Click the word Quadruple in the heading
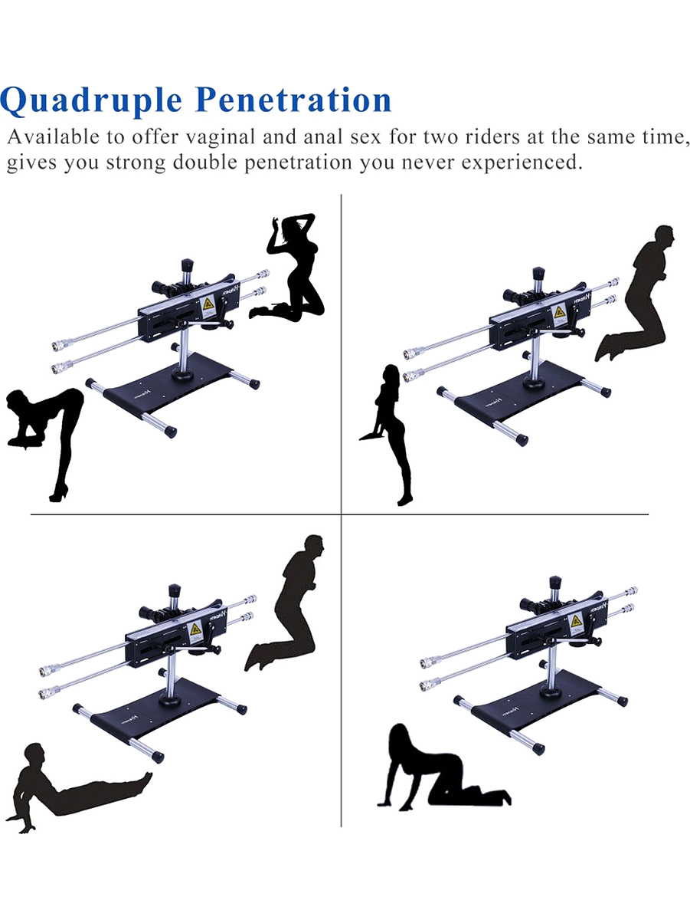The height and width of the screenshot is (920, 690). (x=91, y=101)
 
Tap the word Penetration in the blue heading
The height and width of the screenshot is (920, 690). (x=293, y=100)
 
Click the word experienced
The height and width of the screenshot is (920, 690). (x=522, y=163)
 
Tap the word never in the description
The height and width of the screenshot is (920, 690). (x=426, y=163)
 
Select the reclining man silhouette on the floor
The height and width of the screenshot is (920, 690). (x=75, y=792)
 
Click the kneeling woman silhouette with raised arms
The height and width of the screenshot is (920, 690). (x=293, y=268)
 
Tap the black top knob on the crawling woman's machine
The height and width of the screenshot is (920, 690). (x=555, y=583)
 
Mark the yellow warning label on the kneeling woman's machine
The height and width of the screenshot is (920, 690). (x=209, y=304)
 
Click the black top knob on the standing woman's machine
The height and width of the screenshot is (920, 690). (x=538, y=274)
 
